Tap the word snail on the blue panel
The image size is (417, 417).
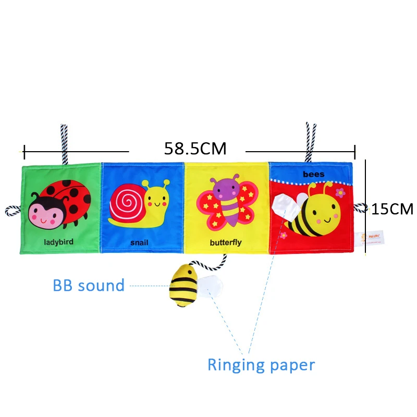pyautogui.click(x=140, y=243)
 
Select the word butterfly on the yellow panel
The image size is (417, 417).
pyautogui.click(x=226, y=242)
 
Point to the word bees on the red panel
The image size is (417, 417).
pyautogui.click(x=313, y=174)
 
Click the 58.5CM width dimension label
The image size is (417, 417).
pyautogui.click(x=195, y=149)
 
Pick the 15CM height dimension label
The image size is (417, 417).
pyautogui.click(x=392, y=210)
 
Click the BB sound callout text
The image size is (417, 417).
pyautogui.click(x=89, y=286)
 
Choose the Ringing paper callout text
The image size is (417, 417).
pyautogui.click(x=261, y=365)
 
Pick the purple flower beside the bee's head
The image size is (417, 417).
pyautogui.click(x=340, y=193)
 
